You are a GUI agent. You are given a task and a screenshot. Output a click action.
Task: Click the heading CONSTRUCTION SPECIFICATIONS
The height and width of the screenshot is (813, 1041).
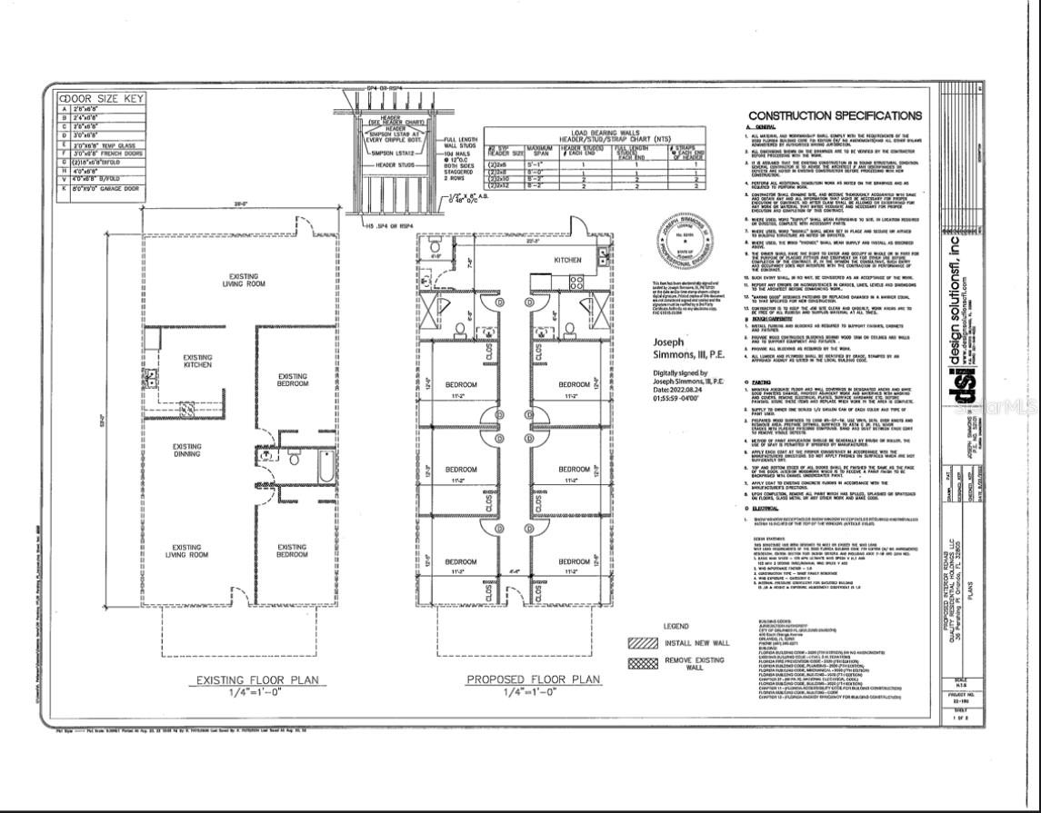(x=834, y=115)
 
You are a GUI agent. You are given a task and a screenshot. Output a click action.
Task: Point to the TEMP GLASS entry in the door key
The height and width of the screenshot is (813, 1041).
(x=108, y=144)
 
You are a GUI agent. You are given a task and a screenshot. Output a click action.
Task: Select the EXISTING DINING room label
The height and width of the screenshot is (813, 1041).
(x=187, y=451)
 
